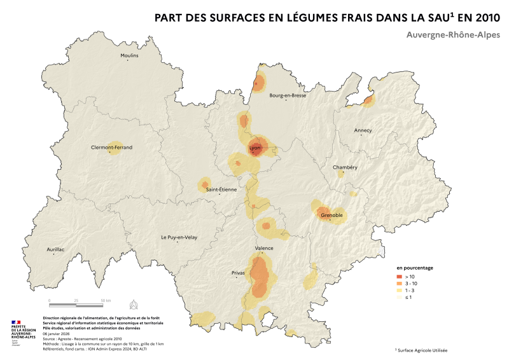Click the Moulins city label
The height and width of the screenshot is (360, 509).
129,55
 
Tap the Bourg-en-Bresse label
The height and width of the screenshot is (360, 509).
288,95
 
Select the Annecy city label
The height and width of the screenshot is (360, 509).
363,130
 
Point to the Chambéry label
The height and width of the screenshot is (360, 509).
345,167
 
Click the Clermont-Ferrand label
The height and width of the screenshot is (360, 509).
112,147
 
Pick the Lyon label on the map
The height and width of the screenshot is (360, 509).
255,148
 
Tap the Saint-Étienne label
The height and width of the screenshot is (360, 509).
220,189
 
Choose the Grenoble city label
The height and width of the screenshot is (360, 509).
331,216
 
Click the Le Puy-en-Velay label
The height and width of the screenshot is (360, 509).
179,237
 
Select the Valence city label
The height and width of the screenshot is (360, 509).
264,248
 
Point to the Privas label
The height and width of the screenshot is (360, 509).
238,273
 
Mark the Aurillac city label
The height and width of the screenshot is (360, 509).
56,249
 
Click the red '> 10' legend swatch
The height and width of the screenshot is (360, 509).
400,277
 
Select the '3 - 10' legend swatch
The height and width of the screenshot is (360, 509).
400,284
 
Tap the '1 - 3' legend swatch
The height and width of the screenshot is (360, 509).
400,291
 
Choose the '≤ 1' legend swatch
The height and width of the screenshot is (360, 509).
400,298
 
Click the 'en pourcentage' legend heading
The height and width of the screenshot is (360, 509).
415,268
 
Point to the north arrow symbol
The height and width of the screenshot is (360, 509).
133,303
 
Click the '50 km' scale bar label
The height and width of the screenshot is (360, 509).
105,300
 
